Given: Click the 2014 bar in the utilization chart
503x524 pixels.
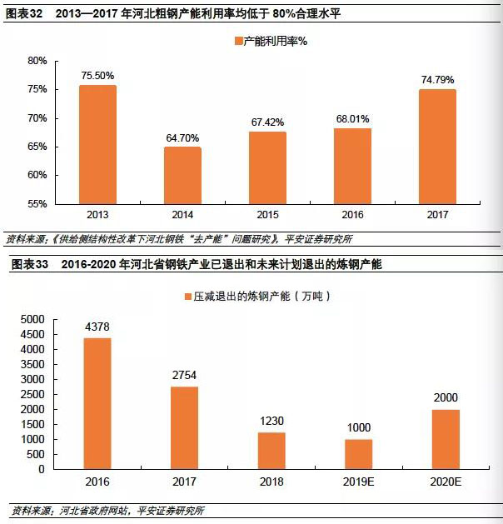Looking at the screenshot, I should [x=182, y=175].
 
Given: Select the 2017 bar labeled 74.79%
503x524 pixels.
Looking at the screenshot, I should [x=437, y=146].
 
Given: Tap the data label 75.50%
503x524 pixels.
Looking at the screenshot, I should [x=97, y=76].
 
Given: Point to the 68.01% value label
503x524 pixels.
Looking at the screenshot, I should [x=352, y=118].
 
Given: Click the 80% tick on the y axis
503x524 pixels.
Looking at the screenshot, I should [x=37, y=61].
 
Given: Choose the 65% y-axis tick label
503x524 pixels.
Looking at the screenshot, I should [x=37, y=147].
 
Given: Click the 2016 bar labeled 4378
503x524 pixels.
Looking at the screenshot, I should [x=97, y=403].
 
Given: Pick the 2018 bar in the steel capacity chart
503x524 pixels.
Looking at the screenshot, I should [x=271, y=451].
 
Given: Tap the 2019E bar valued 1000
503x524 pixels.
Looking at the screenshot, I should [x=358, y=454].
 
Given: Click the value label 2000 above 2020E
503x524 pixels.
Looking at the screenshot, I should [x=446, y=398].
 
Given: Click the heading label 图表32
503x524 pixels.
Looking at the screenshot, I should [x=23, y=12].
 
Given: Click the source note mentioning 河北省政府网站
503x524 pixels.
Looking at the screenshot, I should [x=108, y=510].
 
